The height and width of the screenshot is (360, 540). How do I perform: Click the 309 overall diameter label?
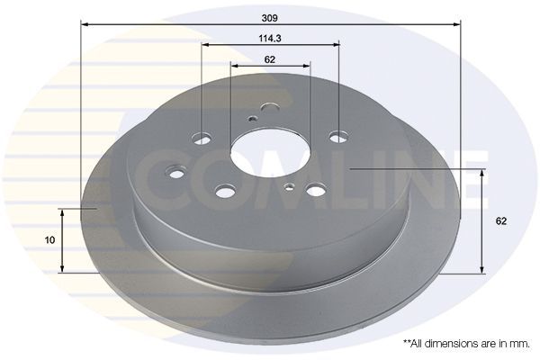[269, 18]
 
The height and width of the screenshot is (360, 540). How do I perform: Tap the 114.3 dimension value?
[270, 38]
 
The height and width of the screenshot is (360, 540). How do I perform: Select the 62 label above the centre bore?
[270, 59]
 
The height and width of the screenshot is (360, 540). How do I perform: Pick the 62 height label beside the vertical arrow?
[501, 221]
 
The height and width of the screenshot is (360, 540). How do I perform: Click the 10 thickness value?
[49, 240]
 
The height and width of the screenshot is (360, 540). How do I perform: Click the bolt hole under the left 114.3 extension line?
[202, 139]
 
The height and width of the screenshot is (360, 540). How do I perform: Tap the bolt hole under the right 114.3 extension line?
[338, 137]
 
